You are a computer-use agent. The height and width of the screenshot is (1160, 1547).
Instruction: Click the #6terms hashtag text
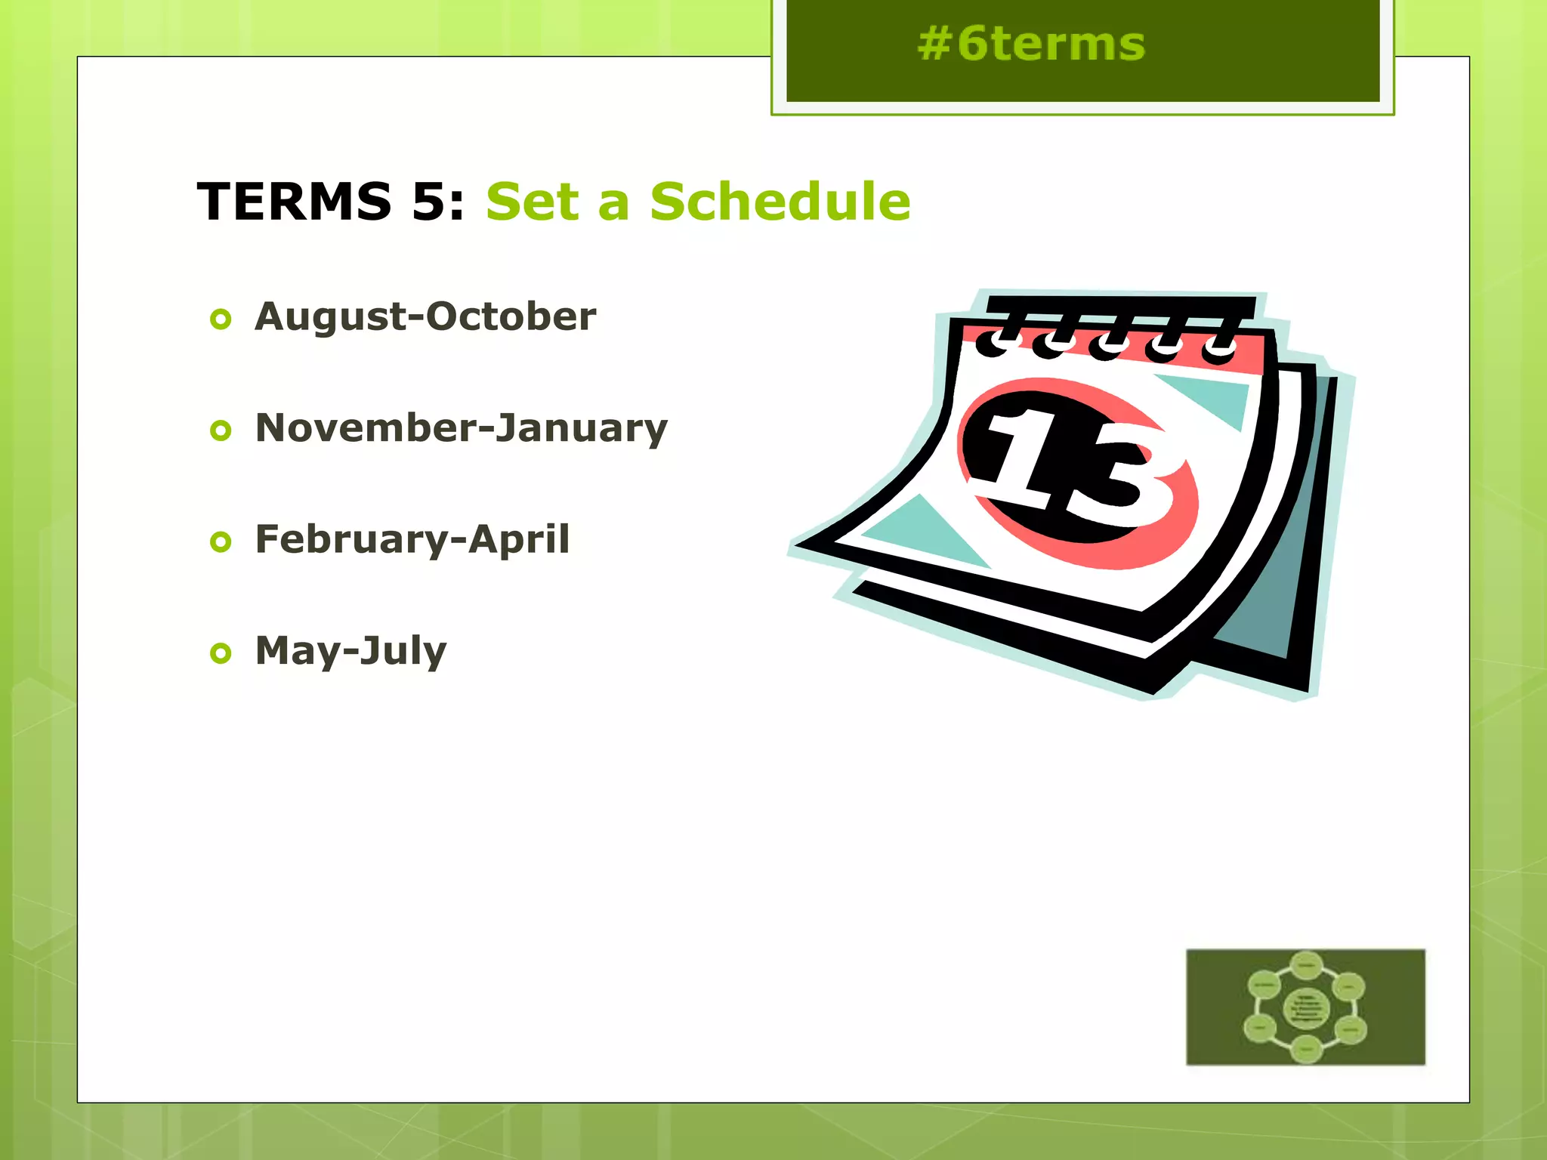(x=1031, y=45)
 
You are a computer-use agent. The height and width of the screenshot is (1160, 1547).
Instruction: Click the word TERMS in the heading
(x=295, y=202)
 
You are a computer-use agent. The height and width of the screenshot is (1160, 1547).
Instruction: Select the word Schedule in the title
(x=780, y=202)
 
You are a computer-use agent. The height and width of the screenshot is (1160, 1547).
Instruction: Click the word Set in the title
(x=532, y=202)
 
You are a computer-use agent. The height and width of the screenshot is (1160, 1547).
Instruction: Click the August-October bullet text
(x=425, y=316)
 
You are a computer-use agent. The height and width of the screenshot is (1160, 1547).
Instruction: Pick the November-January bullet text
(x=462, y=428)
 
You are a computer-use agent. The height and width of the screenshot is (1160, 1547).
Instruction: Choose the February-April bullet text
(x=412, y=540)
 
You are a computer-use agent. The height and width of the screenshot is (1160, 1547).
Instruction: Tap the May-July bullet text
(x=351, y=651)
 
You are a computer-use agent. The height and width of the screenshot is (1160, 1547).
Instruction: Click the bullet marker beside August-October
(x=221, y=319)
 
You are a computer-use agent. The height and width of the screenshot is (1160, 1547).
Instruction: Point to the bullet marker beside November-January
(x=221, y=430)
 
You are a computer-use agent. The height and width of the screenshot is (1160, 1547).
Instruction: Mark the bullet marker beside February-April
(x=221, y=541)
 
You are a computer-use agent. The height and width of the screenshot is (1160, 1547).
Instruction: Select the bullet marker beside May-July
(x=221, y=653)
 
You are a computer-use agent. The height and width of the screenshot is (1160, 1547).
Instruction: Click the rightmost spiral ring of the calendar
(x=1219, y=349)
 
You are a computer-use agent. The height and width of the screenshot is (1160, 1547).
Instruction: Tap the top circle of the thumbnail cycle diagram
(x=1306, y=965)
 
